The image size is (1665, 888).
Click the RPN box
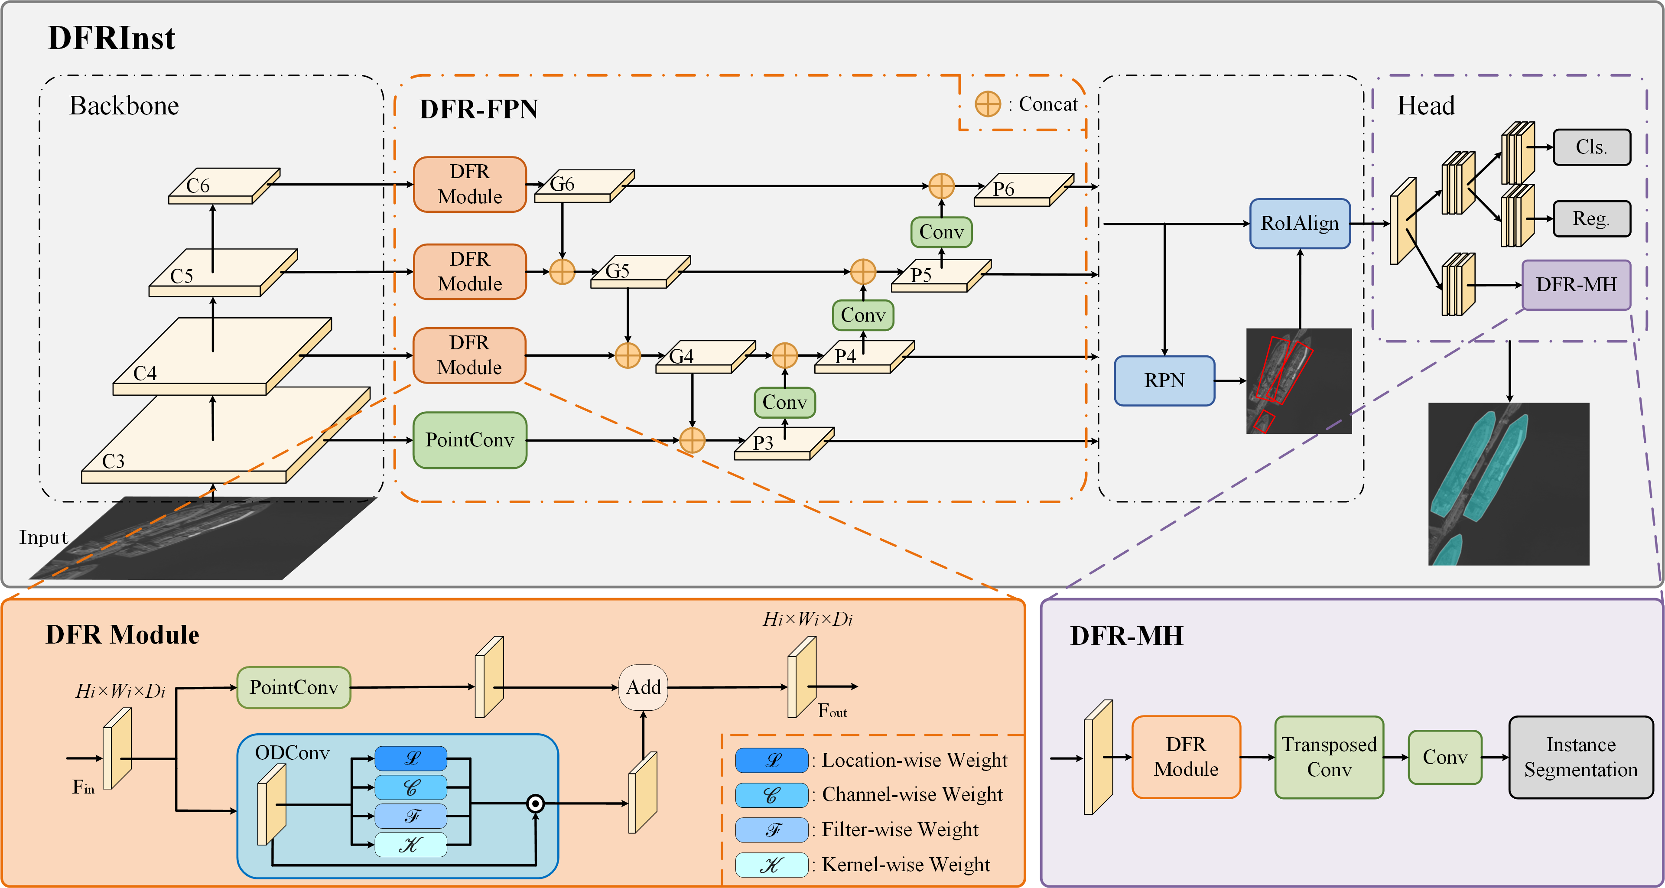point(1164,381)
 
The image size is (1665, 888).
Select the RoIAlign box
point(1299,224)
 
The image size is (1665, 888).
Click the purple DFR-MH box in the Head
point(1576,285)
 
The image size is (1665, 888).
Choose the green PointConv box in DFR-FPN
point(469,440)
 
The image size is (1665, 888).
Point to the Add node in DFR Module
point(643,687)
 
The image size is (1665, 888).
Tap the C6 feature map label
point(198,186)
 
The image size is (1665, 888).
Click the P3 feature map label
point(763,443)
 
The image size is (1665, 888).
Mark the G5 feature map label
point(617,271)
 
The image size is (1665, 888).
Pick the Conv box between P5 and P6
point(941,232)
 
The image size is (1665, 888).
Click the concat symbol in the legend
point(988,104)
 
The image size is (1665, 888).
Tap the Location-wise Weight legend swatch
point(771,760)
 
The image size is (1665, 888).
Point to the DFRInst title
point(111,38)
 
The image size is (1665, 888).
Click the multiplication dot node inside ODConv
point(535,803)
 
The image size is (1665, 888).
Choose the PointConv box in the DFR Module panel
point(293,688)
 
